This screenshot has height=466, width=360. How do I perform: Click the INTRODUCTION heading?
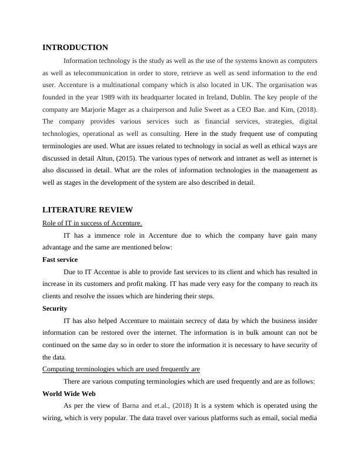pos(75,48)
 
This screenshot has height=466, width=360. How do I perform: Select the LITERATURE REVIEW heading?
pos(88,210)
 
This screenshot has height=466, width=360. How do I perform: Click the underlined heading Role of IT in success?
pos(92,223)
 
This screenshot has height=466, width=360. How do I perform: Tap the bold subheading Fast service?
pos(60,259)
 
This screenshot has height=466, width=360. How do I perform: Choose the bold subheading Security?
pos(55,308)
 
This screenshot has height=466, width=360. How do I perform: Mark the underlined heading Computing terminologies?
pos(121,369)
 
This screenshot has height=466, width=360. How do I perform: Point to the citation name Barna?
pos(133,405)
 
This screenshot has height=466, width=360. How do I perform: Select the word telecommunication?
pos(111,73)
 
